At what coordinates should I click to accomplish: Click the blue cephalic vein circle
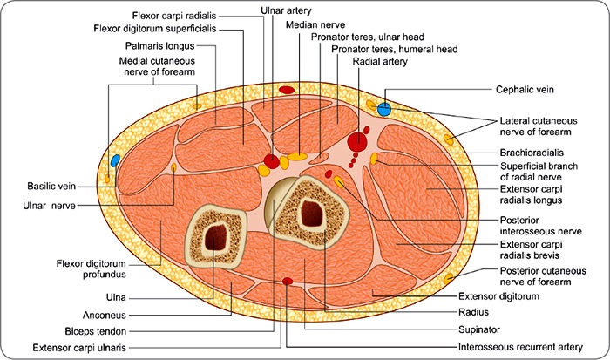click(x=383, y=109)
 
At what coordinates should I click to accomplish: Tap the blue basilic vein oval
click(x=115, y=160)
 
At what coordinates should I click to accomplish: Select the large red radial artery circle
click(x=356, y=141)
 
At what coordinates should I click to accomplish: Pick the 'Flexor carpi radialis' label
click(x=175, y=16)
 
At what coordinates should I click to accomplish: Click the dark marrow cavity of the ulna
click(x=213, y=234)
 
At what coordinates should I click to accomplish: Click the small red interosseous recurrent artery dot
click(x=288, y=281)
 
